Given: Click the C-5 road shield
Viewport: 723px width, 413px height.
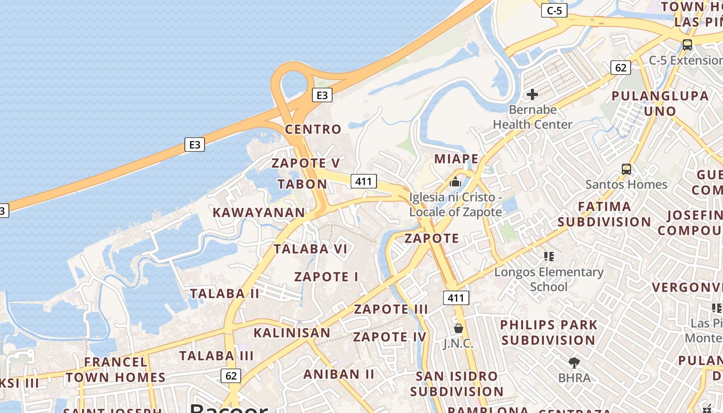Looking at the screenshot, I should point(554,10).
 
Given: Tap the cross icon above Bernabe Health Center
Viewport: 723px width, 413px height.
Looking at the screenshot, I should point(532,94).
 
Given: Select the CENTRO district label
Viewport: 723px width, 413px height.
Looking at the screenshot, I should point(313,129).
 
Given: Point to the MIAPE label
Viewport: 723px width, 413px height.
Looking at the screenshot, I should point(456,158).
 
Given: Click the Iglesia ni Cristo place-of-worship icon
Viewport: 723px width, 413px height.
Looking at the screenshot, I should point(455,182).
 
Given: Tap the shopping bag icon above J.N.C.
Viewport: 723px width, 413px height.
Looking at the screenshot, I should point(458,328).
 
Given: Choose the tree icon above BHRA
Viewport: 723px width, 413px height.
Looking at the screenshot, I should point(574,363).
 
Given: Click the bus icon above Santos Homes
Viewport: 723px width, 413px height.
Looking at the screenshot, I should point(626,169).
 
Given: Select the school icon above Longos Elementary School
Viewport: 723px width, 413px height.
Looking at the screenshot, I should point(548,256).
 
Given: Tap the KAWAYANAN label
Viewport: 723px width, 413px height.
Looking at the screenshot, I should point(259,212).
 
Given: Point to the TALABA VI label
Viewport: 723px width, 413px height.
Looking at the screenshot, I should point(310,249).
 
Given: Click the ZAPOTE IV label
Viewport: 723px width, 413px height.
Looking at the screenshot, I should point(390,337).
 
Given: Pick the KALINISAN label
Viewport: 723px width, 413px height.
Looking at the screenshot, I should point(292,332).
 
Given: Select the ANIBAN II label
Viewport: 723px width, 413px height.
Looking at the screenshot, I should point(339,374).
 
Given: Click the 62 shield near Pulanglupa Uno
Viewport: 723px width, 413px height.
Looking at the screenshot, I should point(620,68).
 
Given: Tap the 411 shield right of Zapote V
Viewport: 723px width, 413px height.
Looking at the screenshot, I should point(364,181).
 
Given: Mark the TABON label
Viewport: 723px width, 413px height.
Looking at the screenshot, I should point(302,184).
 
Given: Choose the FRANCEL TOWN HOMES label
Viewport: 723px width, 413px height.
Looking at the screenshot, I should point(116,370).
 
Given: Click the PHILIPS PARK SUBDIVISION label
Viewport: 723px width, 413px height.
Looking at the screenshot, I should point(548,332).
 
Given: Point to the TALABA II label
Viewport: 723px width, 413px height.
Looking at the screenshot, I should point(225,294).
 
